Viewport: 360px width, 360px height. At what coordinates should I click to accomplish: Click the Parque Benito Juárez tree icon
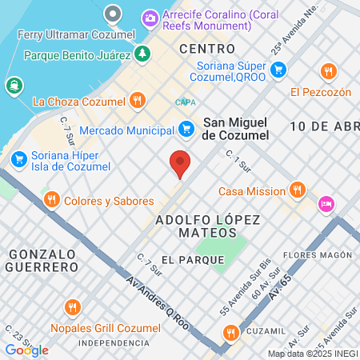pos(142,54)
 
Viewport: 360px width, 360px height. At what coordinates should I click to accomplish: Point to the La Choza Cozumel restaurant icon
pos(138,101)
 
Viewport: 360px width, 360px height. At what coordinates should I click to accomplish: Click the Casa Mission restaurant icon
pos(298,190)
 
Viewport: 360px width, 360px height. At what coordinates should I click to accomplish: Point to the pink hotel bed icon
pos(326,205)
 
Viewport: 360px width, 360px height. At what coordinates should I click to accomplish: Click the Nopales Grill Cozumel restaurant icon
pos(73,306)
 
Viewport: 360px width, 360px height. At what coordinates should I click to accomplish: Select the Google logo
pos(27,350)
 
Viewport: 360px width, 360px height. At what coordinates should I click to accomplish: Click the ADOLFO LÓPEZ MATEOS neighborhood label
pos(196,225)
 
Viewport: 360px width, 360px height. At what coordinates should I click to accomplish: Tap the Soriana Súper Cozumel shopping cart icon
pos(278,70)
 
